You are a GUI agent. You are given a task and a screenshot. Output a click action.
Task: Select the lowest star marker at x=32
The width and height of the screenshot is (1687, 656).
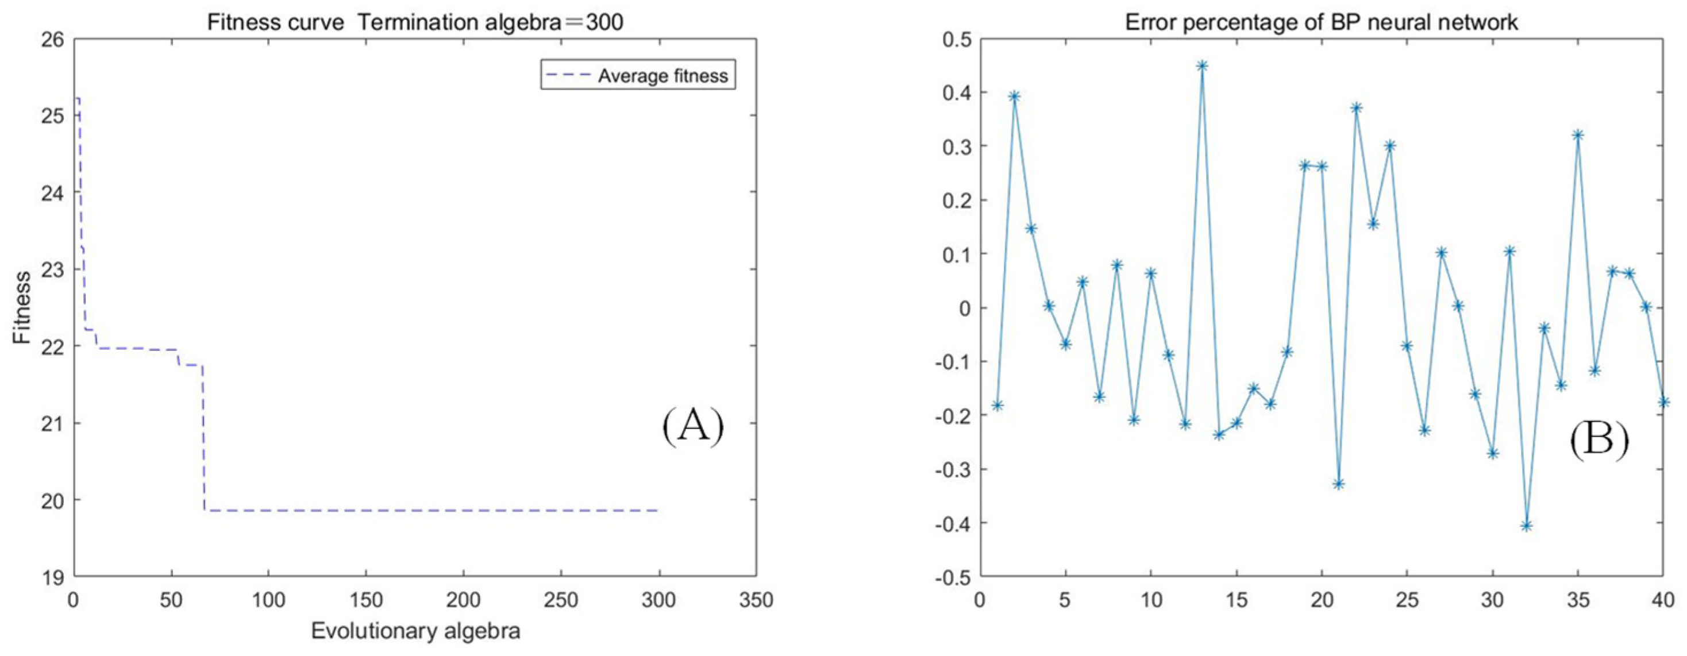click(x=1527, y=526)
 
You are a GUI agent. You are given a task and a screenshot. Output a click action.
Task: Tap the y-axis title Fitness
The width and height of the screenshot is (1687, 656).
click(x=22, y=307)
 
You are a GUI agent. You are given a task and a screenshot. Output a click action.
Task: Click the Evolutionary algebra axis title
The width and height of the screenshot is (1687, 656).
click(x=415, y=631)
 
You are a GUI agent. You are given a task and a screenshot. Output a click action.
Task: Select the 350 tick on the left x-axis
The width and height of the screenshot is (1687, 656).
click(x=755, y=600)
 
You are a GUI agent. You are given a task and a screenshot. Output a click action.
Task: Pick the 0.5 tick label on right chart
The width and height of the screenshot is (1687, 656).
click(x=956, y=39)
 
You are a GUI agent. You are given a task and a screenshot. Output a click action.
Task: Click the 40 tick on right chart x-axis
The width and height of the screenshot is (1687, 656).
click(x=1663, y=600)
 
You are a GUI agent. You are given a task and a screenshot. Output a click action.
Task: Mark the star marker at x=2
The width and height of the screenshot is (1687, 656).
click(x=1014, y=97)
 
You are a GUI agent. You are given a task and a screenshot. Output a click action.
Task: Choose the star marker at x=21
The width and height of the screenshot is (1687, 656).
click(x=1339, y=484)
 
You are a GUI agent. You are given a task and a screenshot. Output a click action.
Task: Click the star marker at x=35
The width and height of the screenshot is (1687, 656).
click(x=1578, y=135)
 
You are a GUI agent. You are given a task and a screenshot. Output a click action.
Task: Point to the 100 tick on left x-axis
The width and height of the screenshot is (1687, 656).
click(x=268, y=600)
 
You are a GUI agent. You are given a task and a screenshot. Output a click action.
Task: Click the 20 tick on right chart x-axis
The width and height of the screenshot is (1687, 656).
click(x=1322, y=600)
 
